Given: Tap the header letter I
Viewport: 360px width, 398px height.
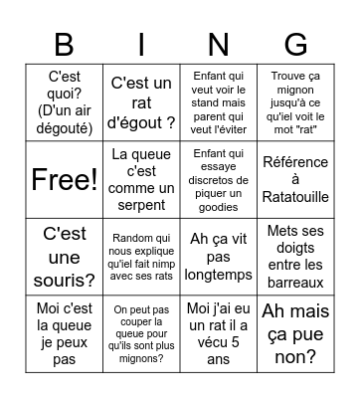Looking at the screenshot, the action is click(x=140, y=46).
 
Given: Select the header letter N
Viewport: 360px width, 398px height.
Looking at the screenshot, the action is click(x=218, y=46).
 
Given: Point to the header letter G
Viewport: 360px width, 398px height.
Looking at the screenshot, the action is click(x=295, y=46).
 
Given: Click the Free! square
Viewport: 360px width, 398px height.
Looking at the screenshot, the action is click(x=63, y=179).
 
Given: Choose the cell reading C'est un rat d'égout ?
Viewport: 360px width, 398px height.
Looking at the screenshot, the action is click(x=140, y=102).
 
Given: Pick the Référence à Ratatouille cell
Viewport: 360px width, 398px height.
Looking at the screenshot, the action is click(x=295, y=179).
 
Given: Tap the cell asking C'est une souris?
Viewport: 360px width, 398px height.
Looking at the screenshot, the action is click(x=63, y=256).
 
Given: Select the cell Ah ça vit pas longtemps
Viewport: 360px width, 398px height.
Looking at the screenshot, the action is click(x=218, y=256).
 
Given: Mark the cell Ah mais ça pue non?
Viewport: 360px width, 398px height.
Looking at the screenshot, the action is click(x=295, y=332).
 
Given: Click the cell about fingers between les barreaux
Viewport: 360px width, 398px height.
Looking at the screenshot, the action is click(x=295, y=256).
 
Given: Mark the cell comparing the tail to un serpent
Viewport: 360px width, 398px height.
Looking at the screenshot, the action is click(x=140, y=179).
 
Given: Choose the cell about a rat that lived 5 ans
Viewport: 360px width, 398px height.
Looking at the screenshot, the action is click(x=218, y=332).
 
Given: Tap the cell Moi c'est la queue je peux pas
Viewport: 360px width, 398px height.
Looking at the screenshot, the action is click(x=63, y=332).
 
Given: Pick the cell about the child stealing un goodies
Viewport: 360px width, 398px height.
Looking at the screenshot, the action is click(x=218, y=179).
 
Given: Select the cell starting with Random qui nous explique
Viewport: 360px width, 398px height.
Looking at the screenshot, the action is click(x=140, y=256).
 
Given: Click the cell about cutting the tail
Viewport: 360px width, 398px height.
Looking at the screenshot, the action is click(x=140, y=332).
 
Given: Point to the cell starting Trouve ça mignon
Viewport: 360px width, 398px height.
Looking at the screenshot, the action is click(x=295, y=102).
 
